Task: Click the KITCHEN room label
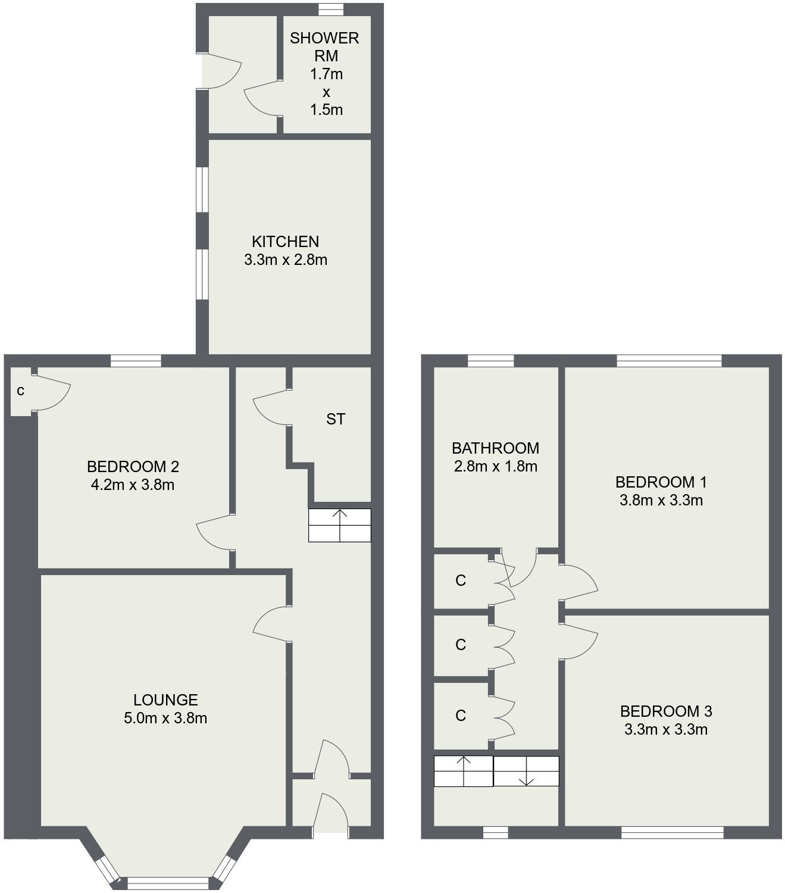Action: pos(285,242)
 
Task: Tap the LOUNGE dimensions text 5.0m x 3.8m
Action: pos(165,719)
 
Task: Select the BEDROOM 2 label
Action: pos(133,467)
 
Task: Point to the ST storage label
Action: pos(335,419)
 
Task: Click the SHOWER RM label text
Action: pos(324,47)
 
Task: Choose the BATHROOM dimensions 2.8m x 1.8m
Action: pos(495,467)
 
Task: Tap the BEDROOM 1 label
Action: pos(661,482)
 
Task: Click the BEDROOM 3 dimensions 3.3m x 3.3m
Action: pos(666,729)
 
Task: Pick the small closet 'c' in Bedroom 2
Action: pos(21,391)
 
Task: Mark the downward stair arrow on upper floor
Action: pos(527,775)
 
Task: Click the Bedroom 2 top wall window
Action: pos(136,360)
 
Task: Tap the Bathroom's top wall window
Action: pos(490,360)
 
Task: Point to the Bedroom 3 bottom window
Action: pos(673,832)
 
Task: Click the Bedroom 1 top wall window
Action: pos(669,360)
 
